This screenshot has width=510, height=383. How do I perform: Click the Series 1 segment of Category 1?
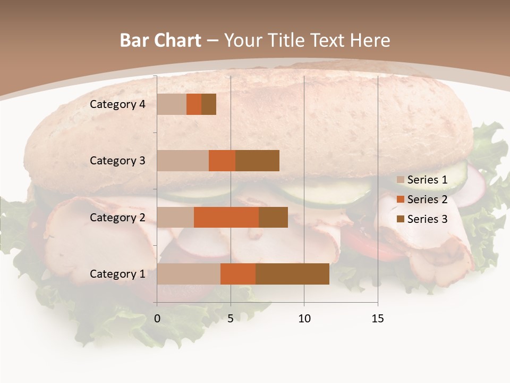[x=189, y=274]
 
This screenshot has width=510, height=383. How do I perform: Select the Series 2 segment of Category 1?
[x=238, y=274]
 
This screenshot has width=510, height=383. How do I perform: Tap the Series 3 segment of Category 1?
[x=292, y=274]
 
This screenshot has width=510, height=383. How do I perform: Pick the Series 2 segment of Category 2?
[x=226, y=217]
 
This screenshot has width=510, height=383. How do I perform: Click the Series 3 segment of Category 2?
[x=273, y=217]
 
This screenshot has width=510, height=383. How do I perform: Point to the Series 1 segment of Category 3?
[x=183, y=161]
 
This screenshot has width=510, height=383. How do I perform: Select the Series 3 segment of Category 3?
[x=257, y=161]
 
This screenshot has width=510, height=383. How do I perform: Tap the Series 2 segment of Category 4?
[x=194, y=104]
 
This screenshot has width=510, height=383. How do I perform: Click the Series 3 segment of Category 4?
[x=209, y=104]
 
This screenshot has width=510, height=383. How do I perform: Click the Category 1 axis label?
[x=117, y=274]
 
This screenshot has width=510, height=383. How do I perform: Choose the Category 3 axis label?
[x=117, y=161]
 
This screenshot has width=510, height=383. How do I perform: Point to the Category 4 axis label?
[x=117, y=104]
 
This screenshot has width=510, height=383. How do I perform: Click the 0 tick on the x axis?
[x=157, y=319]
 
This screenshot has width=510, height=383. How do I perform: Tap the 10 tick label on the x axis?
[x=304, y=319]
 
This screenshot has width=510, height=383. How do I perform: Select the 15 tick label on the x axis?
[x=378, y=319]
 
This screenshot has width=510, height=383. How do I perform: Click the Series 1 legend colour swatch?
[x=401, y=180]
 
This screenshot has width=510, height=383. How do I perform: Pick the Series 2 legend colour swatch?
[x=401, y=200]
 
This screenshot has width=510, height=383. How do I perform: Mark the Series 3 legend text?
[x=427, y=219]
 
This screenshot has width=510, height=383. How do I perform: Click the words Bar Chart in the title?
[x=160, y=40]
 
